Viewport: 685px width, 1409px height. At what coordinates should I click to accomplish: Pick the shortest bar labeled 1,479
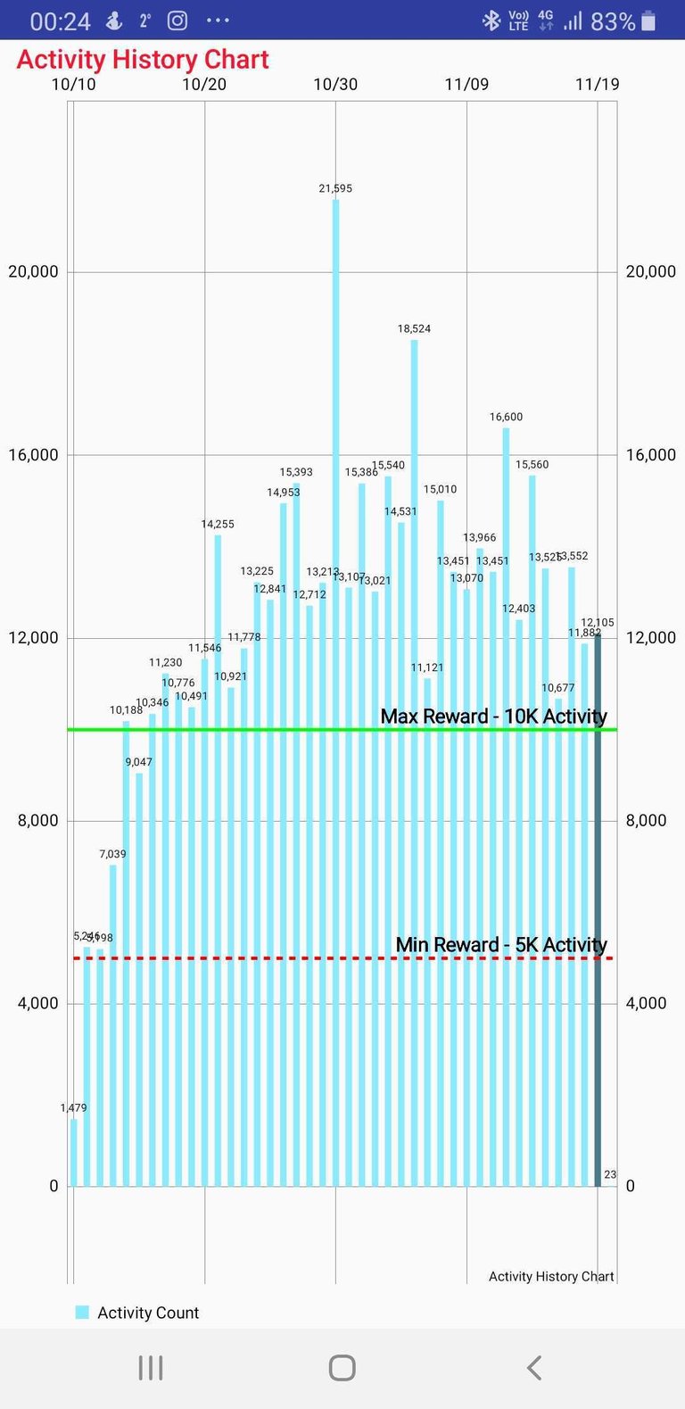[74, 1152]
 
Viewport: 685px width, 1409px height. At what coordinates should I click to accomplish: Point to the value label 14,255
[218, 524]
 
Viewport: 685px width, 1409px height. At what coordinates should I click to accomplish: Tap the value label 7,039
[112, 854]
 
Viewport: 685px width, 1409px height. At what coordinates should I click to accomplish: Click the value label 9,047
[138, 762]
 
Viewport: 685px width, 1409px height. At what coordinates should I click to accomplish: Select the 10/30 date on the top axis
[335, 84]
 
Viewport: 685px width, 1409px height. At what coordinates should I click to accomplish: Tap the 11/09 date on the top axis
[466, 84]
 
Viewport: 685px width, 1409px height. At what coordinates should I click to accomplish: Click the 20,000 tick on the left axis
[33, 271]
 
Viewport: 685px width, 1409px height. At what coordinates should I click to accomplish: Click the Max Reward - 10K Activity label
[493, 716]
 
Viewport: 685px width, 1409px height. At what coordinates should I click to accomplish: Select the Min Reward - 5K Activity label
[501, 944]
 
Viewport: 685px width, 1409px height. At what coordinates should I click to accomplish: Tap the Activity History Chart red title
[143, 60]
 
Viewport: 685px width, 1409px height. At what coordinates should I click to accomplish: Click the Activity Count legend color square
[82, 1312]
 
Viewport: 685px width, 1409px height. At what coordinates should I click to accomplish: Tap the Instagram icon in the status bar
[177, 20]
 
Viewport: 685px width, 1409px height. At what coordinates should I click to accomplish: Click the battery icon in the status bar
[648, 21]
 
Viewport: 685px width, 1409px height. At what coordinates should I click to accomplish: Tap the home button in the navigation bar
[342, 1367]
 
